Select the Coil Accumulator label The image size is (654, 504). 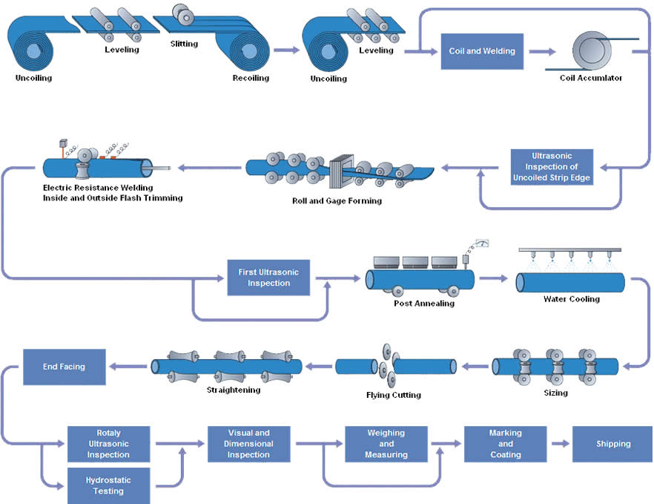[x=591, y=78]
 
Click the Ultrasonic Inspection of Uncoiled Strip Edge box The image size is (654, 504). [x=552, y=167]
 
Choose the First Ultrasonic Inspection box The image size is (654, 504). [x=268, y=278]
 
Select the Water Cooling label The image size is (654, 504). [x=572, y=299]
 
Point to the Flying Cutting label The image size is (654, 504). [x=394, y=395]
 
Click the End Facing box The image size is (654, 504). [x=64, y=367]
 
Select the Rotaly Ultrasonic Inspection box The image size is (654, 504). [x=108, y=444]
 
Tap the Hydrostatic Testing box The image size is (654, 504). [x=108, y=485]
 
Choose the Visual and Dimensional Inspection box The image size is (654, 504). [x=248, y=444]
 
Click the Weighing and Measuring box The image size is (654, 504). [x=386, y=444]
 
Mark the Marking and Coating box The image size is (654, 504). [x=505, y=444]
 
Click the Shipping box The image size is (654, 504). [x=613, y=444]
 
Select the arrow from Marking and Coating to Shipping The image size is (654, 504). [x=559, y=444]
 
